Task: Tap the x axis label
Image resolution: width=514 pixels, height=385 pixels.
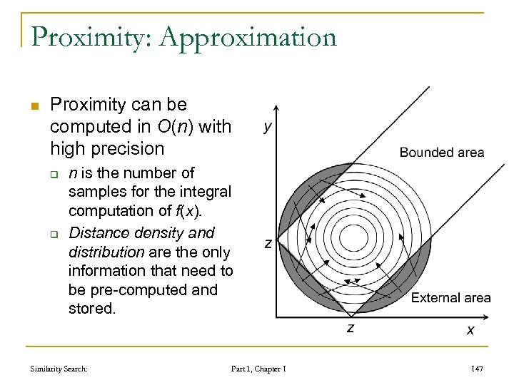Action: pos(470,330)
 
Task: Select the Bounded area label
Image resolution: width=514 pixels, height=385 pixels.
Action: pos(441,152)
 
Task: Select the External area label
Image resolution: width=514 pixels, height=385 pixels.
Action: pos(450,297)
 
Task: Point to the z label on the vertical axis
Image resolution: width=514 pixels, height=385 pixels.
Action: pos(267,244)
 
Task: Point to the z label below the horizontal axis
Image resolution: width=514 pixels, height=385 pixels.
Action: pos(351,327)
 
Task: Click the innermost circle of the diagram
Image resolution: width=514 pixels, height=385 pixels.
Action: pos(352,237)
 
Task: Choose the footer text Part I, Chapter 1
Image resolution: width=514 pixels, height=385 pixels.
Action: pos(258,369)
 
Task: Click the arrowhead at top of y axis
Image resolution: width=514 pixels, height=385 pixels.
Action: pos(277,108)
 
